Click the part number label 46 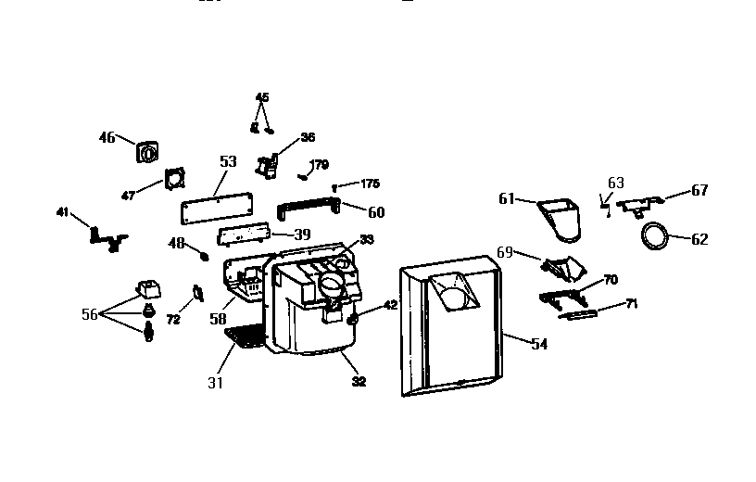click(107, 138)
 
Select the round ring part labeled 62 click(655, 236)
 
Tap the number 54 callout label click(540, 343)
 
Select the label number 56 click(90, 314)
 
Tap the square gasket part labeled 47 click(172, 180)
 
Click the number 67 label click(699, 190)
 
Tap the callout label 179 click(320, 166)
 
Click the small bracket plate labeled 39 click(243, 235)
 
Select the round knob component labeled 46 click(145, 152)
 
